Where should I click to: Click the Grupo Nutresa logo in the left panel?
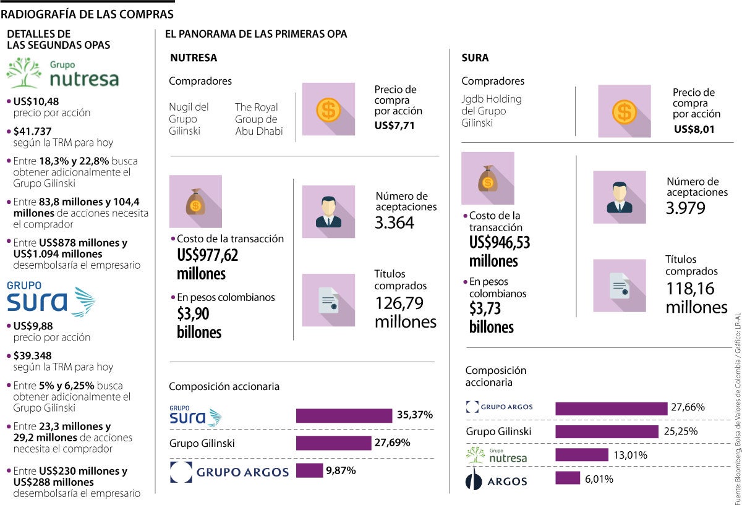tap(62, 73)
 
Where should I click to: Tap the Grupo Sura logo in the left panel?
tap(51, 299)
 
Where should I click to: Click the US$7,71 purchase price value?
tap(394, 125)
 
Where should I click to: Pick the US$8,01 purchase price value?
tap(694, 129)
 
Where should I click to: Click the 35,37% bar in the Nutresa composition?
tap(344, 415)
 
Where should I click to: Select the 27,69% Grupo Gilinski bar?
tap(333, 443)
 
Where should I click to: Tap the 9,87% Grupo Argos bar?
tap(309, 470)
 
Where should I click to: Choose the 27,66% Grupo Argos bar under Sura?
tap(612, 408)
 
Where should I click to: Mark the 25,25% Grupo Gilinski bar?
tap(607, 431)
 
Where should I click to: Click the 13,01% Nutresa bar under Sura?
tap(582, 455)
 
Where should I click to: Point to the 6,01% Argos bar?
tap(568, 478)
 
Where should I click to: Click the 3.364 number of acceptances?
tap(394, 223)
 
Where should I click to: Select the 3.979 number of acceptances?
tap(685, 208)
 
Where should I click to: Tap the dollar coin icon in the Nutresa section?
tap(328, 109)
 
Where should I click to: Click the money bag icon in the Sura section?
tap(488, 178)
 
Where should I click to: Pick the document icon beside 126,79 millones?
tap(328, 300)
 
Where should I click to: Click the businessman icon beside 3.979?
tap(619, 197)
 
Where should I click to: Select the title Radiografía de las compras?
tap(87, 14)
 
